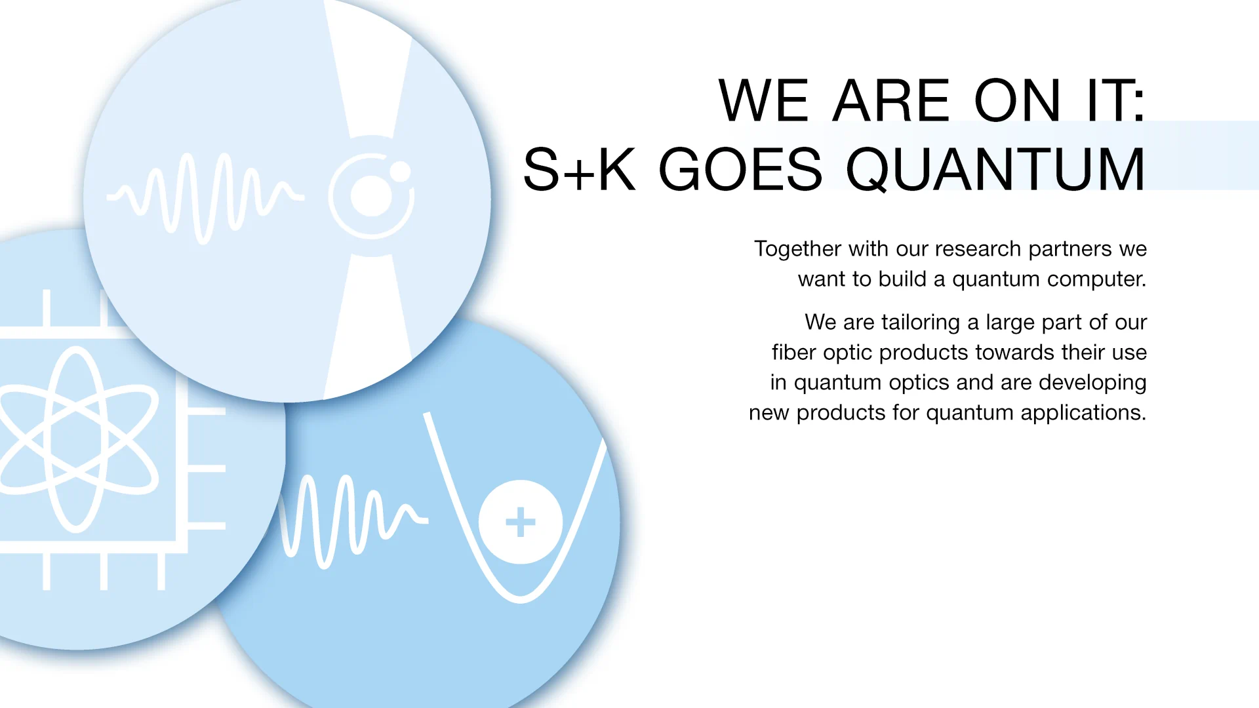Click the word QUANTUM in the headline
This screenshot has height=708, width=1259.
[x=995, y=170]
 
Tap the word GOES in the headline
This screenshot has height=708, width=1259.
[x=740, y=169]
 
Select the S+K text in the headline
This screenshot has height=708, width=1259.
[x=580, y=169]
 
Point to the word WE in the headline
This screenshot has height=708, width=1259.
[x=764, y=100]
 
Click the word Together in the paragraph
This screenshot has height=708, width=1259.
[x=797, y=249]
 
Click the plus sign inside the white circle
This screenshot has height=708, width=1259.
[x=521, y=522]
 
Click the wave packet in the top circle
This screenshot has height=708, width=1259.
[x=205, y=197]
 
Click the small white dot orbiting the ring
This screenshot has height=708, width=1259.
[x=400, y=172]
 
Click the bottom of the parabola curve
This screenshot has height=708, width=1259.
[x=521, y=598]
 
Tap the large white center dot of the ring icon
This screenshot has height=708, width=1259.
[x=371, y=196]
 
